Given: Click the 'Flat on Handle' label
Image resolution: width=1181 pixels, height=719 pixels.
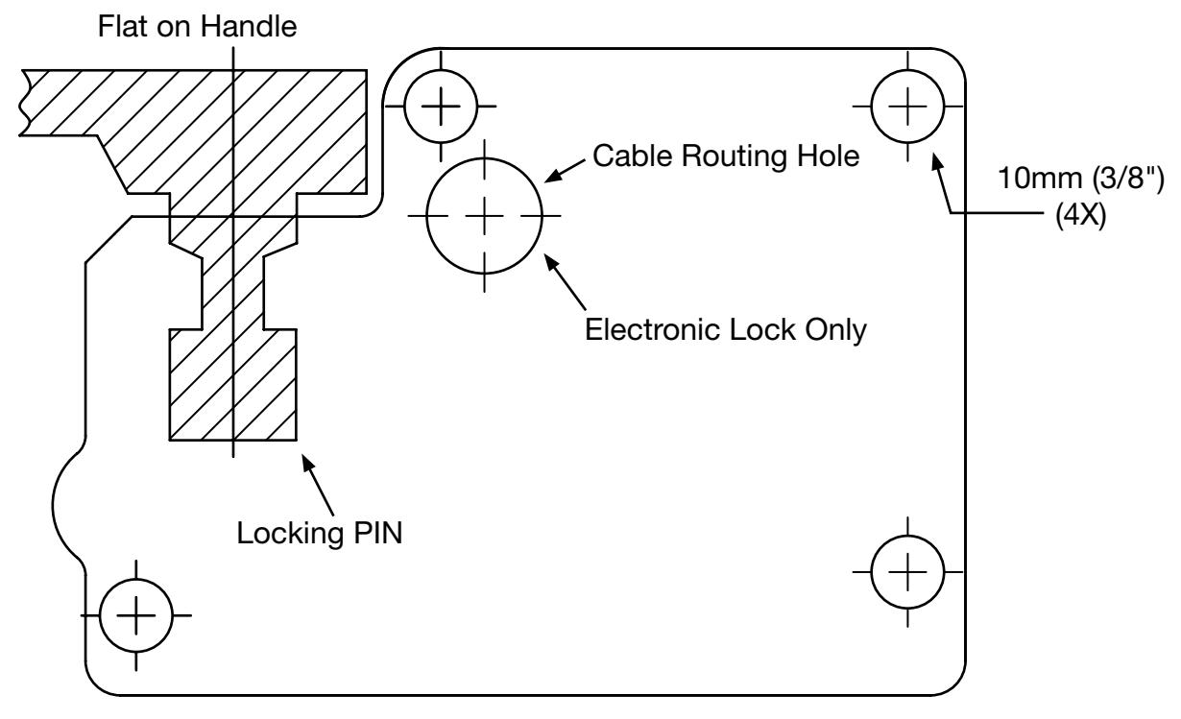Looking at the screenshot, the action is coord(197,26).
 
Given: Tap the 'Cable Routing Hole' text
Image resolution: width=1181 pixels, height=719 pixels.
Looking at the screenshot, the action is coord(726,156).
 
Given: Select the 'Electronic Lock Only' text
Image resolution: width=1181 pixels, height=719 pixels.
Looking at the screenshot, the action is coord(726,330).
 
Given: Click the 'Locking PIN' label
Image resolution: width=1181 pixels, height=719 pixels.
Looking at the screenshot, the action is coord(320,533).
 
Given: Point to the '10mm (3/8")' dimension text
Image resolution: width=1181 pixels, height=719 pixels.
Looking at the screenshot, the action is coord(1081,179).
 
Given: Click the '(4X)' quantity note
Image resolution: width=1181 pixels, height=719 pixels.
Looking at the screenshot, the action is coord(1081,215).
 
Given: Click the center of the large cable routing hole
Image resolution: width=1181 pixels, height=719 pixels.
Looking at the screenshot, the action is coord(485,216).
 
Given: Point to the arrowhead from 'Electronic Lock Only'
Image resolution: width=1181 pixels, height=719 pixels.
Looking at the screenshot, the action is coord(551,262).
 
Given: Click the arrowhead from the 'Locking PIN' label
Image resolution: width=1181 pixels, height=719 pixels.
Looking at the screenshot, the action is coord(307,464).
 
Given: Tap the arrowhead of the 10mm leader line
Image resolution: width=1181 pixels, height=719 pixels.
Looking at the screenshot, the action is coord(936,160).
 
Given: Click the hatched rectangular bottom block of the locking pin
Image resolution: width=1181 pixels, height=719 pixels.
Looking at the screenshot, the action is coord(232,385).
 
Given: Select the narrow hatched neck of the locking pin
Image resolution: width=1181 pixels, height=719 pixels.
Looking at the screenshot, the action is coord(232,293).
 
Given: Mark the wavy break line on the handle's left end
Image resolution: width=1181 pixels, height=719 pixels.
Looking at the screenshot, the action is coord(24,103).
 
